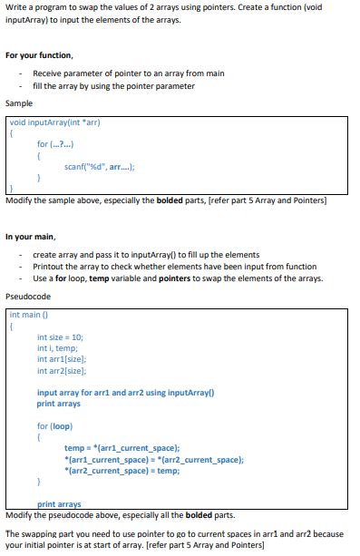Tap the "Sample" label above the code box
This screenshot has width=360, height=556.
[20, 104]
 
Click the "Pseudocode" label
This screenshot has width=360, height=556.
[28, 297]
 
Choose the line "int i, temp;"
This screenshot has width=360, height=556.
[57, 348]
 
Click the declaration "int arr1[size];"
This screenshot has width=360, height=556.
[62, 359]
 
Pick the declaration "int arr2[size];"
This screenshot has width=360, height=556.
[62, 370]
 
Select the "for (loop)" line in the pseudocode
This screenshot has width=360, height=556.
[54, 425]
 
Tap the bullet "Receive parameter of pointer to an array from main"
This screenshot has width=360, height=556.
[116, 73]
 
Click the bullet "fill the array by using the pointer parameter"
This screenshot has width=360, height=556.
[113, 85]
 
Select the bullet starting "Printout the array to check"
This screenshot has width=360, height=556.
[174, 267]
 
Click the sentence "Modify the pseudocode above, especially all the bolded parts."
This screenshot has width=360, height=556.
[120, 514]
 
